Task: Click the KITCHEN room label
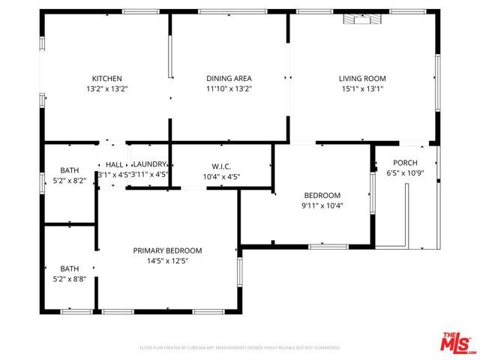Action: pyautogui.click(x=106, y=79)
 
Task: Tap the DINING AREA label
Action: pyautogui.click(x=229, y=79)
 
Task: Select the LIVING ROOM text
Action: pyautogui.click(x=361, y=79)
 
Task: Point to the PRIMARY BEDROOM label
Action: pyautogui.click(x=167, y=250)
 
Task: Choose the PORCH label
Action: pyautogui.click(x=405, y=163)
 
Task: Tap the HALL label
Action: pyautogui.click(x=114, y=165)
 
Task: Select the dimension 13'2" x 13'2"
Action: pyautogui.click(x=106, y=88)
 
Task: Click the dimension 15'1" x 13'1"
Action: pyautogui.click(x=361, y=88)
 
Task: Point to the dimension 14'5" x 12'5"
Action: pyautogui.click(x=167, y=260)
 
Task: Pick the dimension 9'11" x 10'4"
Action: pyautogui.click(x=322, y=205)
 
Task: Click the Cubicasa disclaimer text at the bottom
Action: pyautogui.click(x=240, y=348)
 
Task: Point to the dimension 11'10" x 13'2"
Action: pyautogui.click(x=229, y=88)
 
